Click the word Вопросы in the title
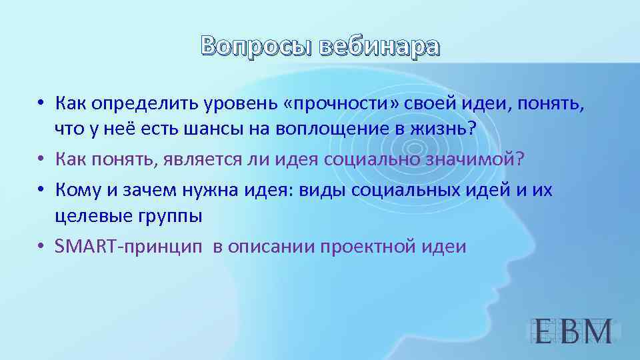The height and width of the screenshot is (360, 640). pyautogui.click(x=257, y=46)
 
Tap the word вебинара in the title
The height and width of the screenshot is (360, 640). pyautogui.click(x=380, y=46)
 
